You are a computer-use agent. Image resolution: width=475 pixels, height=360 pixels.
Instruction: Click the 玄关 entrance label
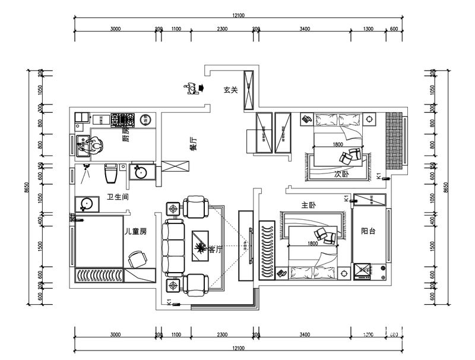(x=230, y=90)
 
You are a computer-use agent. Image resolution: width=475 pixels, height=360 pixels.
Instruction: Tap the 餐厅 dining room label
(x=193, y=144)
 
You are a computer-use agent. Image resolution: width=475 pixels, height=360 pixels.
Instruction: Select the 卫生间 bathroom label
(x=118, y=197)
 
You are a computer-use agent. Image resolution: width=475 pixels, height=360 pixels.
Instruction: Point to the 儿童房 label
(x=135, y=230)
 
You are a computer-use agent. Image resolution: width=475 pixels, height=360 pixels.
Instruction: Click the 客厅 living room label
(x=215, y=250)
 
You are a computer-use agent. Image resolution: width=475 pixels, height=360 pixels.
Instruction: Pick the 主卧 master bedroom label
(x=308, y=205)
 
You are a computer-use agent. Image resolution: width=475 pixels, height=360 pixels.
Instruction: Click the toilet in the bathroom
(x=110, y=174)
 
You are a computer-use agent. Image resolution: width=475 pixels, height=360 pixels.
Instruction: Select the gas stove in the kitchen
(x=123, y=121)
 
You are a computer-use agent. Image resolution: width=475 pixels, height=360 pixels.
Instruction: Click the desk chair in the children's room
(x=137, y=258)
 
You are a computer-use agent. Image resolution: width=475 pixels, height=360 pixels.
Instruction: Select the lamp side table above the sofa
(x=173, y=209)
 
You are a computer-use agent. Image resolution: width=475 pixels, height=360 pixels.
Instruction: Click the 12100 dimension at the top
(x=237, y=15)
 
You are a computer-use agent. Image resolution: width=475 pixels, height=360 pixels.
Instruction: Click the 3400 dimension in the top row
(x=304, y=29)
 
